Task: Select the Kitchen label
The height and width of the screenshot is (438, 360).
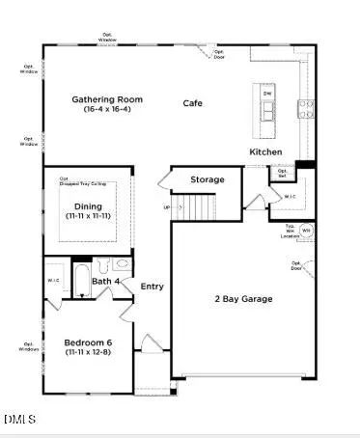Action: (x=266, y=152)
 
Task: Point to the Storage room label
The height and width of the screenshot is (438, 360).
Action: (x=208, y=179)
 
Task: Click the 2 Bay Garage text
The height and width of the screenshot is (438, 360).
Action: (x=243, y=299)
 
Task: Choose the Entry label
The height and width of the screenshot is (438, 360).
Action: (x=152, y=287)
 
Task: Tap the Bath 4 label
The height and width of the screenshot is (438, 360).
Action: (x=106, y=282)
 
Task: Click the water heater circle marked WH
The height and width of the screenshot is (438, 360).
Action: (x=306, y=231)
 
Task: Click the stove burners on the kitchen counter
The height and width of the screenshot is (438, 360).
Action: (x=304, y=107)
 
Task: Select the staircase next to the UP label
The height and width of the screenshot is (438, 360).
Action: (x=198, y=206)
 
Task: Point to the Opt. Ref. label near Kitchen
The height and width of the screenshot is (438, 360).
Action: (x=283, y=174)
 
